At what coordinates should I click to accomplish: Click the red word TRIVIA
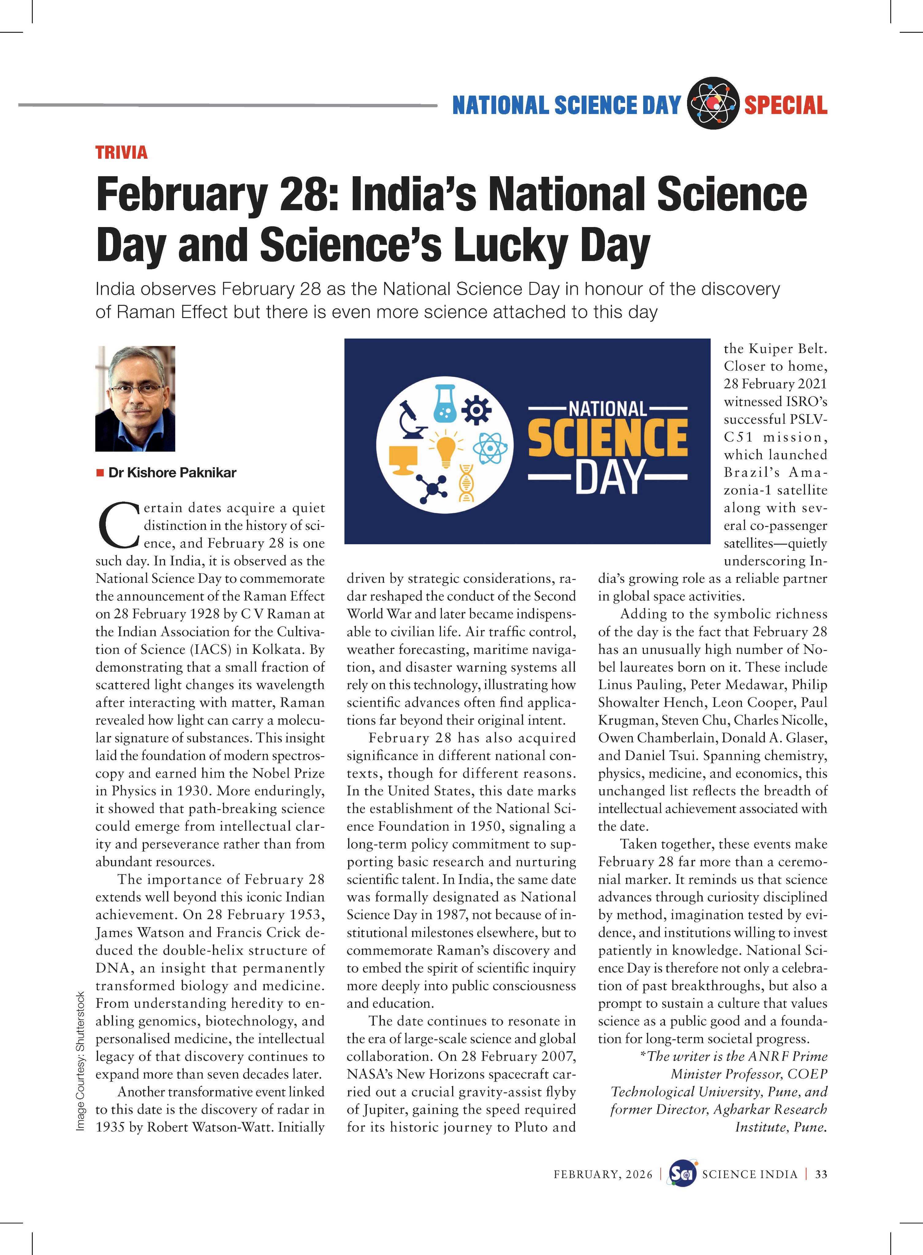point(121,153)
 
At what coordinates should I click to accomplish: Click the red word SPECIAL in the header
point(785,105)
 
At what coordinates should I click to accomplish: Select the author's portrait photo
point(135,398)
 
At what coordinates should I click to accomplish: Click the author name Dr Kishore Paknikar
point(172,472)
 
